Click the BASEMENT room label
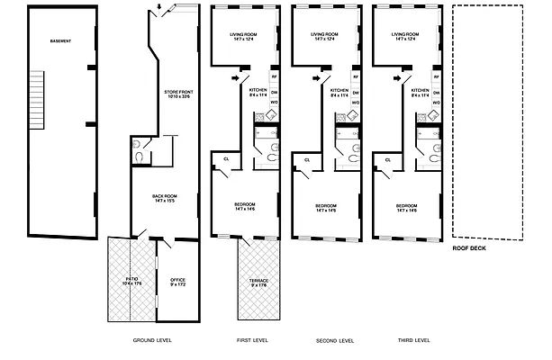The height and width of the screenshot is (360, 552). [60, 41]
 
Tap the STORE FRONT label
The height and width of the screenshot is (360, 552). [178, 94]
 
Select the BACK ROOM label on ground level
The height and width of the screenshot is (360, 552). [164, 198]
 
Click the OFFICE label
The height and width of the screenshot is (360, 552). [177, 282]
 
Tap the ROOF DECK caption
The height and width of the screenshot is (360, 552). [469, 248]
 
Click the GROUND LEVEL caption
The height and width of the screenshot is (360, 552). [151, 340]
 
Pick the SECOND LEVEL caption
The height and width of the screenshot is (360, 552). [335, 340]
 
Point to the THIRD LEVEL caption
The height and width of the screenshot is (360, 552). [414, 340]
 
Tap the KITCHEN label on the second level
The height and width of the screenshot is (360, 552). [339, 92]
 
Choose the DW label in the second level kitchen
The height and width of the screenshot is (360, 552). [355, 92]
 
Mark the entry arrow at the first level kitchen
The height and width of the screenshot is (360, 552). [236, 78]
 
